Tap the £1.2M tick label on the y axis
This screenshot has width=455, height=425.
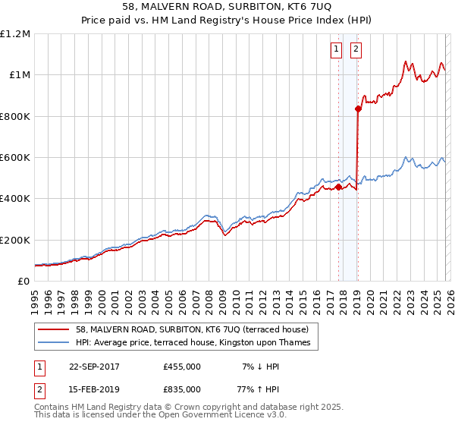point(15,34)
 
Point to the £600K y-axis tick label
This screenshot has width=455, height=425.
point(15,158)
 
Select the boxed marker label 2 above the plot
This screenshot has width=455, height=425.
point(356,49)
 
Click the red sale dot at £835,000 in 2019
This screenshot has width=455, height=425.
point(358,109)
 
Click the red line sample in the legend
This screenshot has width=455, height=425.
point(52,330)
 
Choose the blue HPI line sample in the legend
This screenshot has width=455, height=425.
point(52,343)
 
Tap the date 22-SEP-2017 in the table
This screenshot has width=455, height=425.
point(97,367)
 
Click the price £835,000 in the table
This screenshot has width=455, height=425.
point(182,389)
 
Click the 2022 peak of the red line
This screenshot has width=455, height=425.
point(406,61)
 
